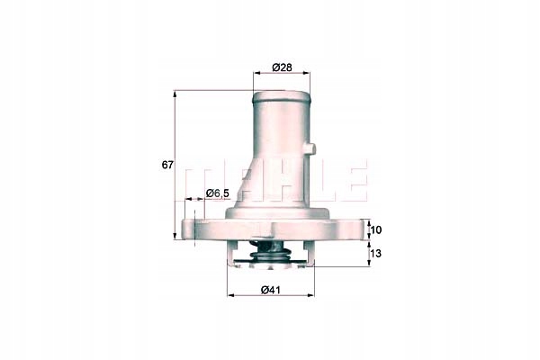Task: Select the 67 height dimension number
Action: (166, 166)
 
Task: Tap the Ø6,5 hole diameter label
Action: (219, 193)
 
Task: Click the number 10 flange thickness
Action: (376, 231)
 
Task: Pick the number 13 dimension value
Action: (376, 255)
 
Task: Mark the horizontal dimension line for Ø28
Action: (280, 77)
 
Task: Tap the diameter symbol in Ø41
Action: (265, 289)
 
